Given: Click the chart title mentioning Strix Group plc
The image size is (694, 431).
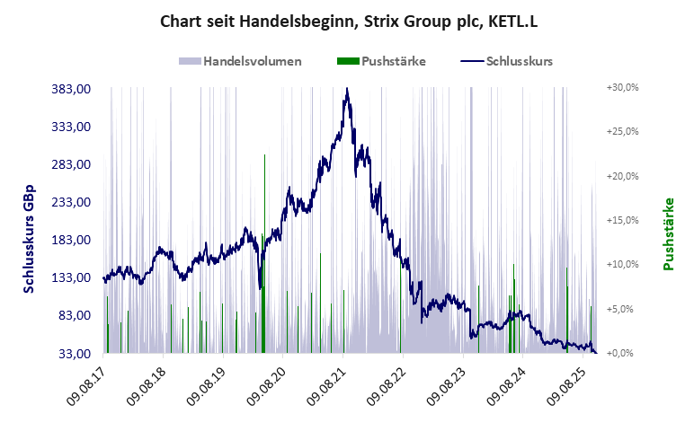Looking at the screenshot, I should coord(347,21).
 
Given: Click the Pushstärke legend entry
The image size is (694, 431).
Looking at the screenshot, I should coord(393,61).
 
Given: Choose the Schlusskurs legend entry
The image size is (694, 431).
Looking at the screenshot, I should coord(519,61).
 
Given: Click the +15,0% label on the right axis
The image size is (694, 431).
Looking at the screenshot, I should coord(622,220).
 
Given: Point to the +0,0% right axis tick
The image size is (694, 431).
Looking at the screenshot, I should coord(622,353).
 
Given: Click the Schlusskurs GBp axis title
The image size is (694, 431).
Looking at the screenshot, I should coord(29,221).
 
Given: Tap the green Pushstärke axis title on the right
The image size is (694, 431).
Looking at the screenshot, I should coord(668,233).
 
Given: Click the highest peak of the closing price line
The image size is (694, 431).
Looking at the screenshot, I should coord(347,89).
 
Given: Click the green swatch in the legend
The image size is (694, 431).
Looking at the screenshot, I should coord(348,61).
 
